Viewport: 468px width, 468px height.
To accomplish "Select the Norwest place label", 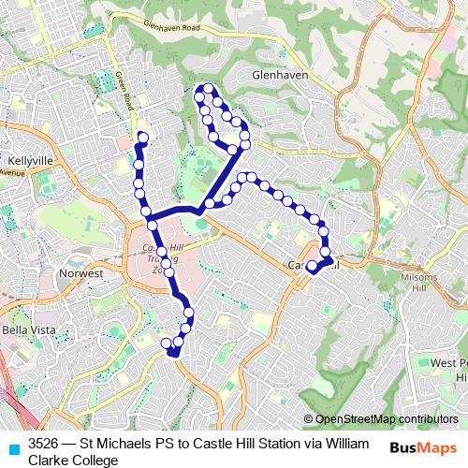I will tap(80, 273).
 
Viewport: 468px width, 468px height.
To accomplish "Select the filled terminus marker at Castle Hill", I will tap(312, 266).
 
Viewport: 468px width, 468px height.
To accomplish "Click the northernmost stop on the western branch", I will tap(143, 138).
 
